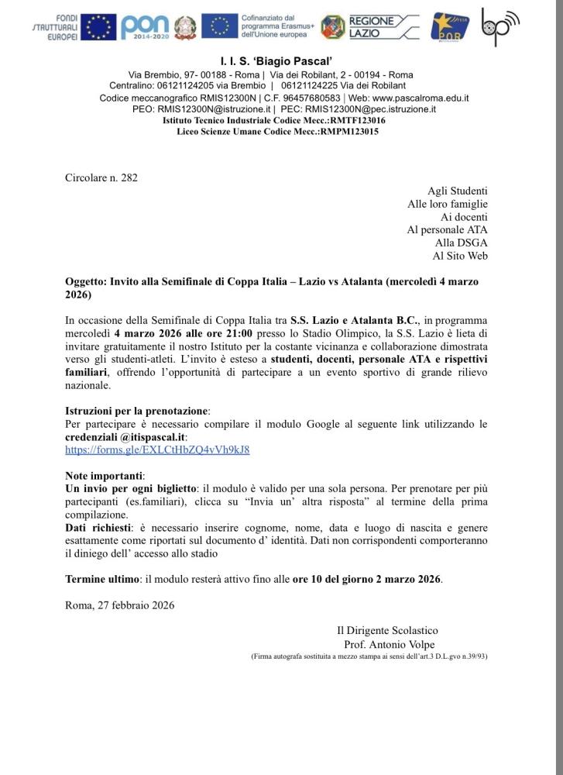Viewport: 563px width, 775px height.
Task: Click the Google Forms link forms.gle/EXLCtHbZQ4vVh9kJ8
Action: click(x=157, y=449)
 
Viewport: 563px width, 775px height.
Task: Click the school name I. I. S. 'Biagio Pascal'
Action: click(x=281, y=60)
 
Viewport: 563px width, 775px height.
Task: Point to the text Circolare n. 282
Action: click(x=101, y=177)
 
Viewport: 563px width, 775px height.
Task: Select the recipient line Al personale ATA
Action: click(x=447, y=229)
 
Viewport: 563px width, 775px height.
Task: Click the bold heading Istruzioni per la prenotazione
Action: click(x=137, y=411)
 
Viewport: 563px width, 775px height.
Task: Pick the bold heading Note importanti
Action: click(x=105, y=475)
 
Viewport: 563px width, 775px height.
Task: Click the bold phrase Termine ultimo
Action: click(x=102, y=578)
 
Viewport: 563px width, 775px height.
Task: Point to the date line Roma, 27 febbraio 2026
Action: click(x=120, y=604)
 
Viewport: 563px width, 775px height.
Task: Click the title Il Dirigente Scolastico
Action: click(x=392, y=631)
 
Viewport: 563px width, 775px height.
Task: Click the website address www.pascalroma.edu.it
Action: click(x=419, y=98)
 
